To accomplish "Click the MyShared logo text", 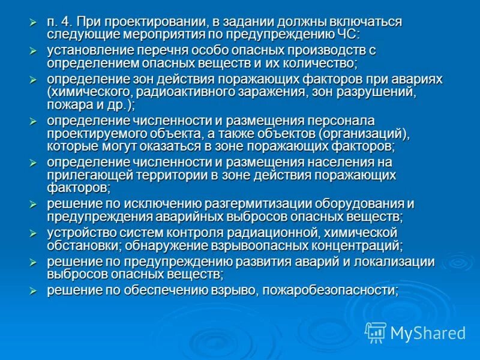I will point(428,332).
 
